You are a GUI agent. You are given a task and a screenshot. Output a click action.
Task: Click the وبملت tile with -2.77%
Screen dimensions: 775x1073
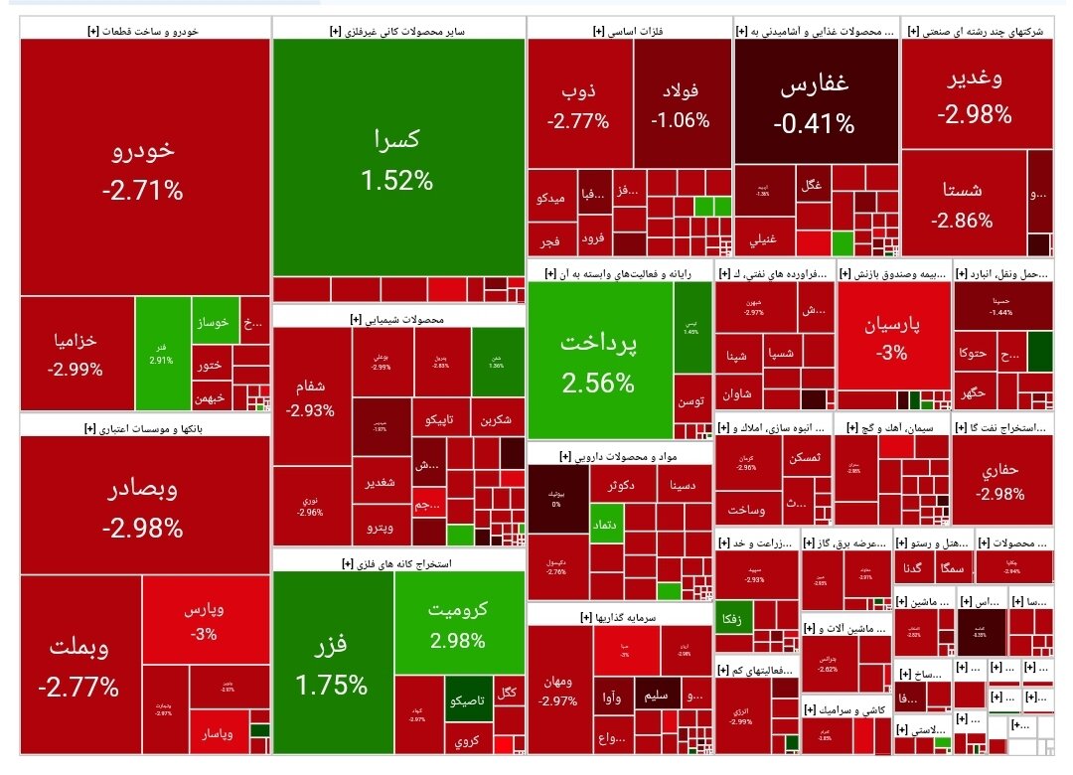click(x=79, y=666)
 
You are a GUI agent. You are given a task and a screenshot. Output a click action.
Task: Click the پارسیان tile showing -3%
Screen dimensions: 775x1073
click(x=893, y=337)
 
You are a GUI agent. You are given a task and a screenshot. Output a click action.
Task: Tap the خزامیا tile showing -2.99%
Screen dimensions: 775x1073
click(x=76, y=353)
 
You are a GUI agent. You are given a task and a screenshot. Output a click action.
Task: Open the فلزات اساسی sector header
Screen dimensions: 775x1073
click(x=630, y=31)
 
